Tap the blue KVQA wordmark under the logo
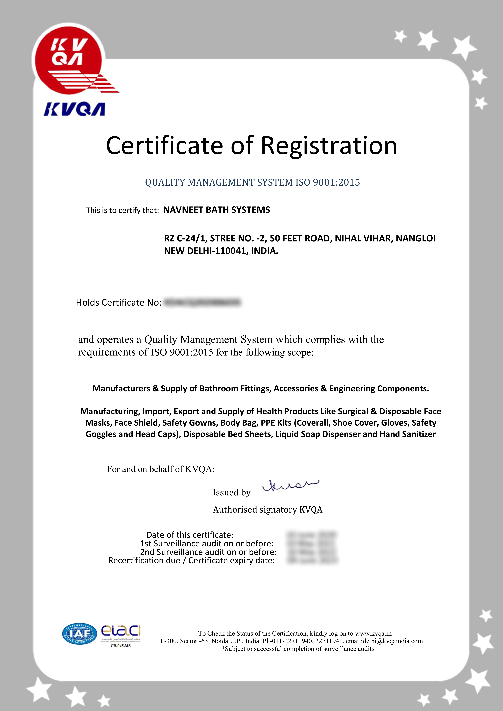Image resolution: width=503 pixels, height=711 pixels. [74, 109]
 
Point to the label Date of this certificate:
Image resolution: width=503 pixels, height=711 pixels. [190, 535]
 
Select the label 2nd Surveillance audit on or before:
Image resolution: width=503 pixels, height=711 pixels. [208, 552]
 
